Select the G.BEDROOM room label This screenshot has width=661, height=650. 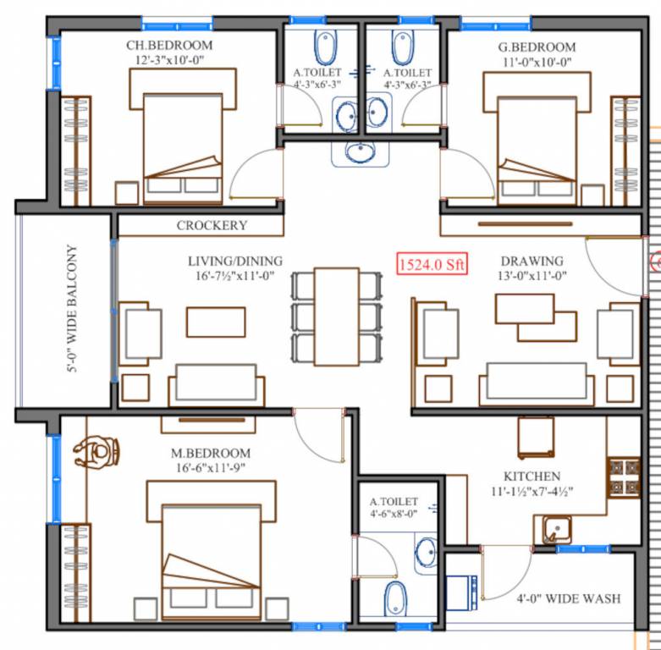(x=537, y=47)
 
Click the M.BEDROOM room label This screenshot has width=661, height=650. (x=211, y=453)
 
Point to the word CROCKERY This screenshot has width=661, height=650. (x=212, y=225)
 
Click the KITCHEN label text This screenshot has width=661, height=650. (x=532, y=476)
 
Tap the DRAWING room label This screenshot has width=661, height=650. (x=532, y=261)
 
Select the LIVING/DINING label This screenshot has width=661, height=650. (x=235, y=261)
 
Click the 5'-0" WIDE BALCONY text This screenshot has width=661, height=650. (x=73, y=309)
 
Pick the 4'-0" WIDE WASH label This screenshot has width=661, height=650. (x=569, y=598)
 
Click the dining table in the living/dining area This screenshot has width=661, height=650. (x=336, y=315)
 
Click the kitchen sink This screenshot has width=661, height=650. (x=554, y=531)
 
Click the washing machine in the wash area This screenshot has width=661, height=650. (x=462, y=592)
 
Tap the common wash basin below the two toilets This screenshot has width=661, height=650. (x=361, y=153)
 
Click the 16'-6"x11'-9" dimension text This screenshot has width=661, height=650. (x=211, y=469)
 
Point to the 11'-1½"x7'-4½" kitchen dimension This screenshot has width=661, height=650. (x=532, y=493)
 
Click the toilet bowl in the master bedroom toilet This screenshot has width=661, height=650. (x=395, y=598)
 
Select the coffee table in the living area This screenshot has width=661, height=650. (x=216, y=322)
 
